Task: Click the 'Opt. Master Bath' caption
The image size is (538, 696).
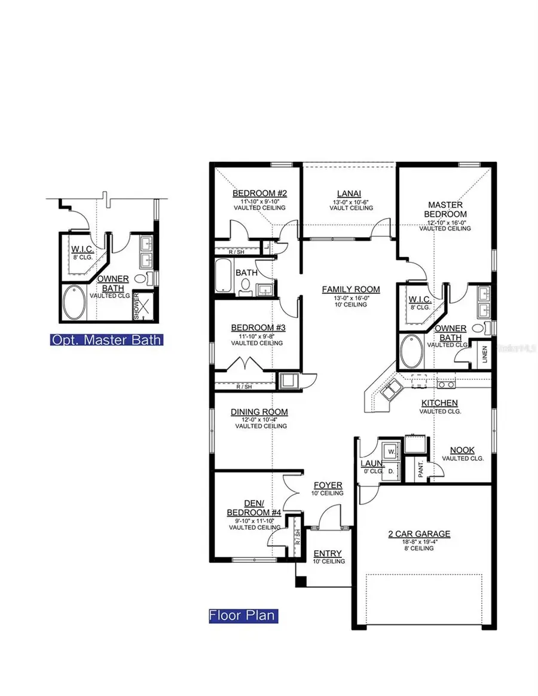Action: (x=106, y=341)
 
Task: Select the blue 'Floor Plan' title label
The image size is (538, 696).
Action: (x=243, y=615)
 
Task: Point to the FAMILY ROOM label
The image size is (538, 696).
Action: (x=351, y=289)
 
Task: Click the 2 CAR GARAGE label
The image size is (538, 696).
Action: (x=418, y=534)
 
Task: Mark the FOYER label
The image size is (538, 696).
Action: (x=328, y=485)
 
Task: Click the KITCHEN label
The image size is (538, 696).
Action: (x=439, y=403)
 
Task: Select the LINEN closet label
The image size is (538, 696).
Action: (x=485, y=353)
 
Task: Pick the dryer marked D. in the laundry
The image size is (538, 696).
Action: (x=392, y=471)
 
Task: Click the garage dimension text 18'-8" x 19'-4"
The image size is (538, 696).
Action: (x=418, y=541)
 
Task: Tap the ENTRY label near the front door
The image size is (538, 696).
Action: (x=328, y=553)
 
